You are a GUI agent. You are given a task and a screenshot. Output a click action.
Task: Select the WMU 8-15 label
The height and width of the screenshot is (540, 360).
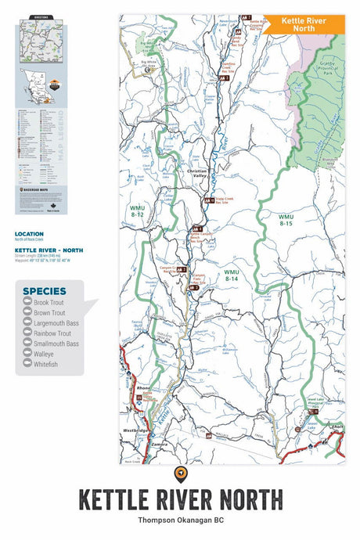tap(287, 219)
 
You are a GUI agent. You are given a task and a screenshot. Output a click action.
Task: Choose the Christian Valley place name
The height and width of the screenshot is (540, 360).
tap(200, 177)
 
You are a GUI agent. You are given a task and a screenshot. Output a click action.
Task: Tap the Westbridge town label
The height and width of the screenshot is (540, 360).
tap(135, 430)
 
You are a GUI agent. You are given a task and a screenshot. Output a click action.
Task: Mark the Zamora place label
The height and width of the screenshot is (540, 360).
tap(160, 444)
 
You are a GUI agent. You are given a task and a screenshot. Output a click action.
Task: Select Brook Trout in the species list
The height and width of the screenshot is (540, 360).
tap(49, 301)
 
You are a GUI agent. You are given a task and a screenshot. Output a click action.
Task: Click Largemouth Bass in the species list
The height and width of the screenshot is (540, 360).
tap(56, 322)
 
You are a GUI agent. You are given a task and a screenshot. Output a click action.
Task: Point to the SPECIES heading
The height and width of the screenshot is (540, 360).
tap(45, 290)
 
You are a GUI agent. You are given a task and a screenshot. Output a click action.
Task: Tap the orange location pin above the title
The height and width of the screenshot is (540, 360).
tap(180, 473)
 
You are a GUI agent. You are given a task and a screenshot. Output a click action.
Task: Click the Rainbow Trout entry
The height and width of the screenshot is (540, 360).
tap(52, 333)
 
